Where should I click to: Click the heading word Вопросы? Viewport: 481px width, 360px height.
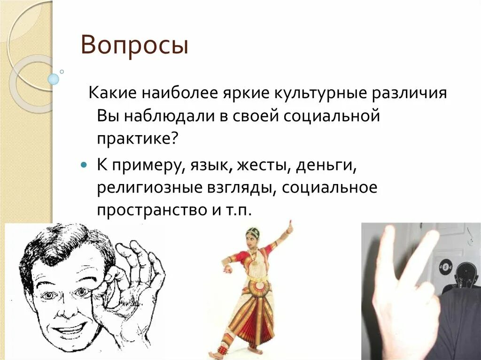tap(134, 46)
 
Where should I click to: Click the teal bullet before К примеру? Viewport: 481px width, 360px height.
tap(84, 166)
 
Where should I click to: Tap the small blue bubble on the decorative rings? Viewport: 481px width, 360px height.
tap(54, 79)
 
